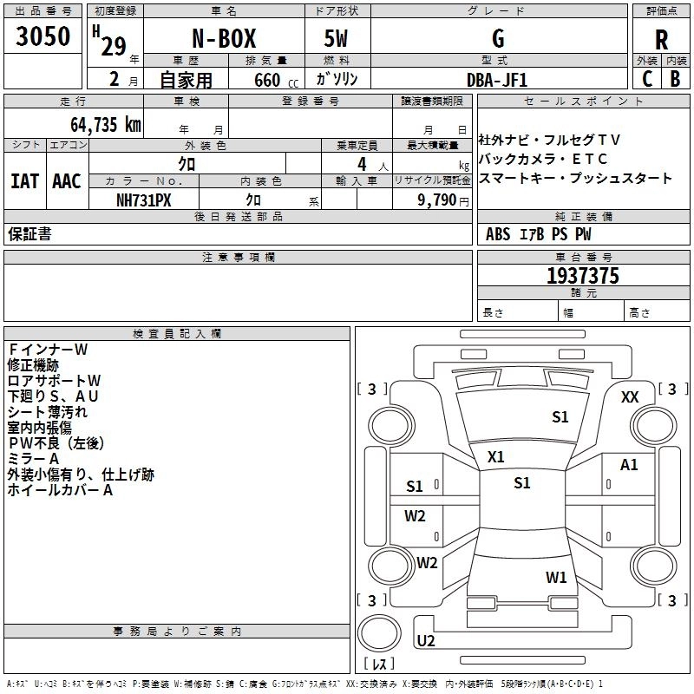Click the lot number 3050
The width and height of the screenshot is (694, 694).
tap(43, 36)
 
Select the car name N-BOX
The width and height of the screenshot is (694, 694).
tap(224, 39)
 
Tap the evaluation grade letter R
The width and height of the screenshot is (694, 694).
tap(661, 40)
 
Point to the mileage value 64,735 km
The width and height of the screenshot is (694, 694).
tap(106, 125)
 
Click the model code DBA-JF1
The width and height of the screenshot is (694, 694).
tap(497, 80)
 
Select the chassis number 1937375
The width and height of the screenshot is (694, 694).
tap(583, 276)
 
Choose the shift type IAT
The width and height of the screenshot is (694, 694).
tap(25, 181)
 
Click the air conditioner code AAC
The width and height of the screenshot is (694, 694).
tap(67, 181)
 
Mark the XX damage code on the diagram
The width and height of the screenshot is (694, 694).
tap(630, 397)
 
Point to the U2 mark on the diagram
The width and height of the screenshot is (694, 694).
tap(426, 640)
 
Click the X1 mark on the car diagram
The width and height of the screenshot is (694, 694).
tap(495, 457)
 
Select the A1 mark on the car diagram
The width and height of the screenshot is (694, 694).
tap(629, 465)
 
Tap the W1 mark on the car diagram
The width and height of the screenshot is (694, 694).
tap(556, 577)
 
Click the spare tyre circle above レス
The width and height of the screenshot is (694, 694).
tap(379, 633)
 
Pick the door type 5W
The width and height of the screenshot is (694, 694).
tap(336, 39)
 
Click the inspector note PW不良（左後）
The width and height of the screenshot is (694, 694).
tap(56, 443)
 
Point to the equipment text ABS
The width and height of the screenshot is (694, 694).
tap(498, 234)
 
